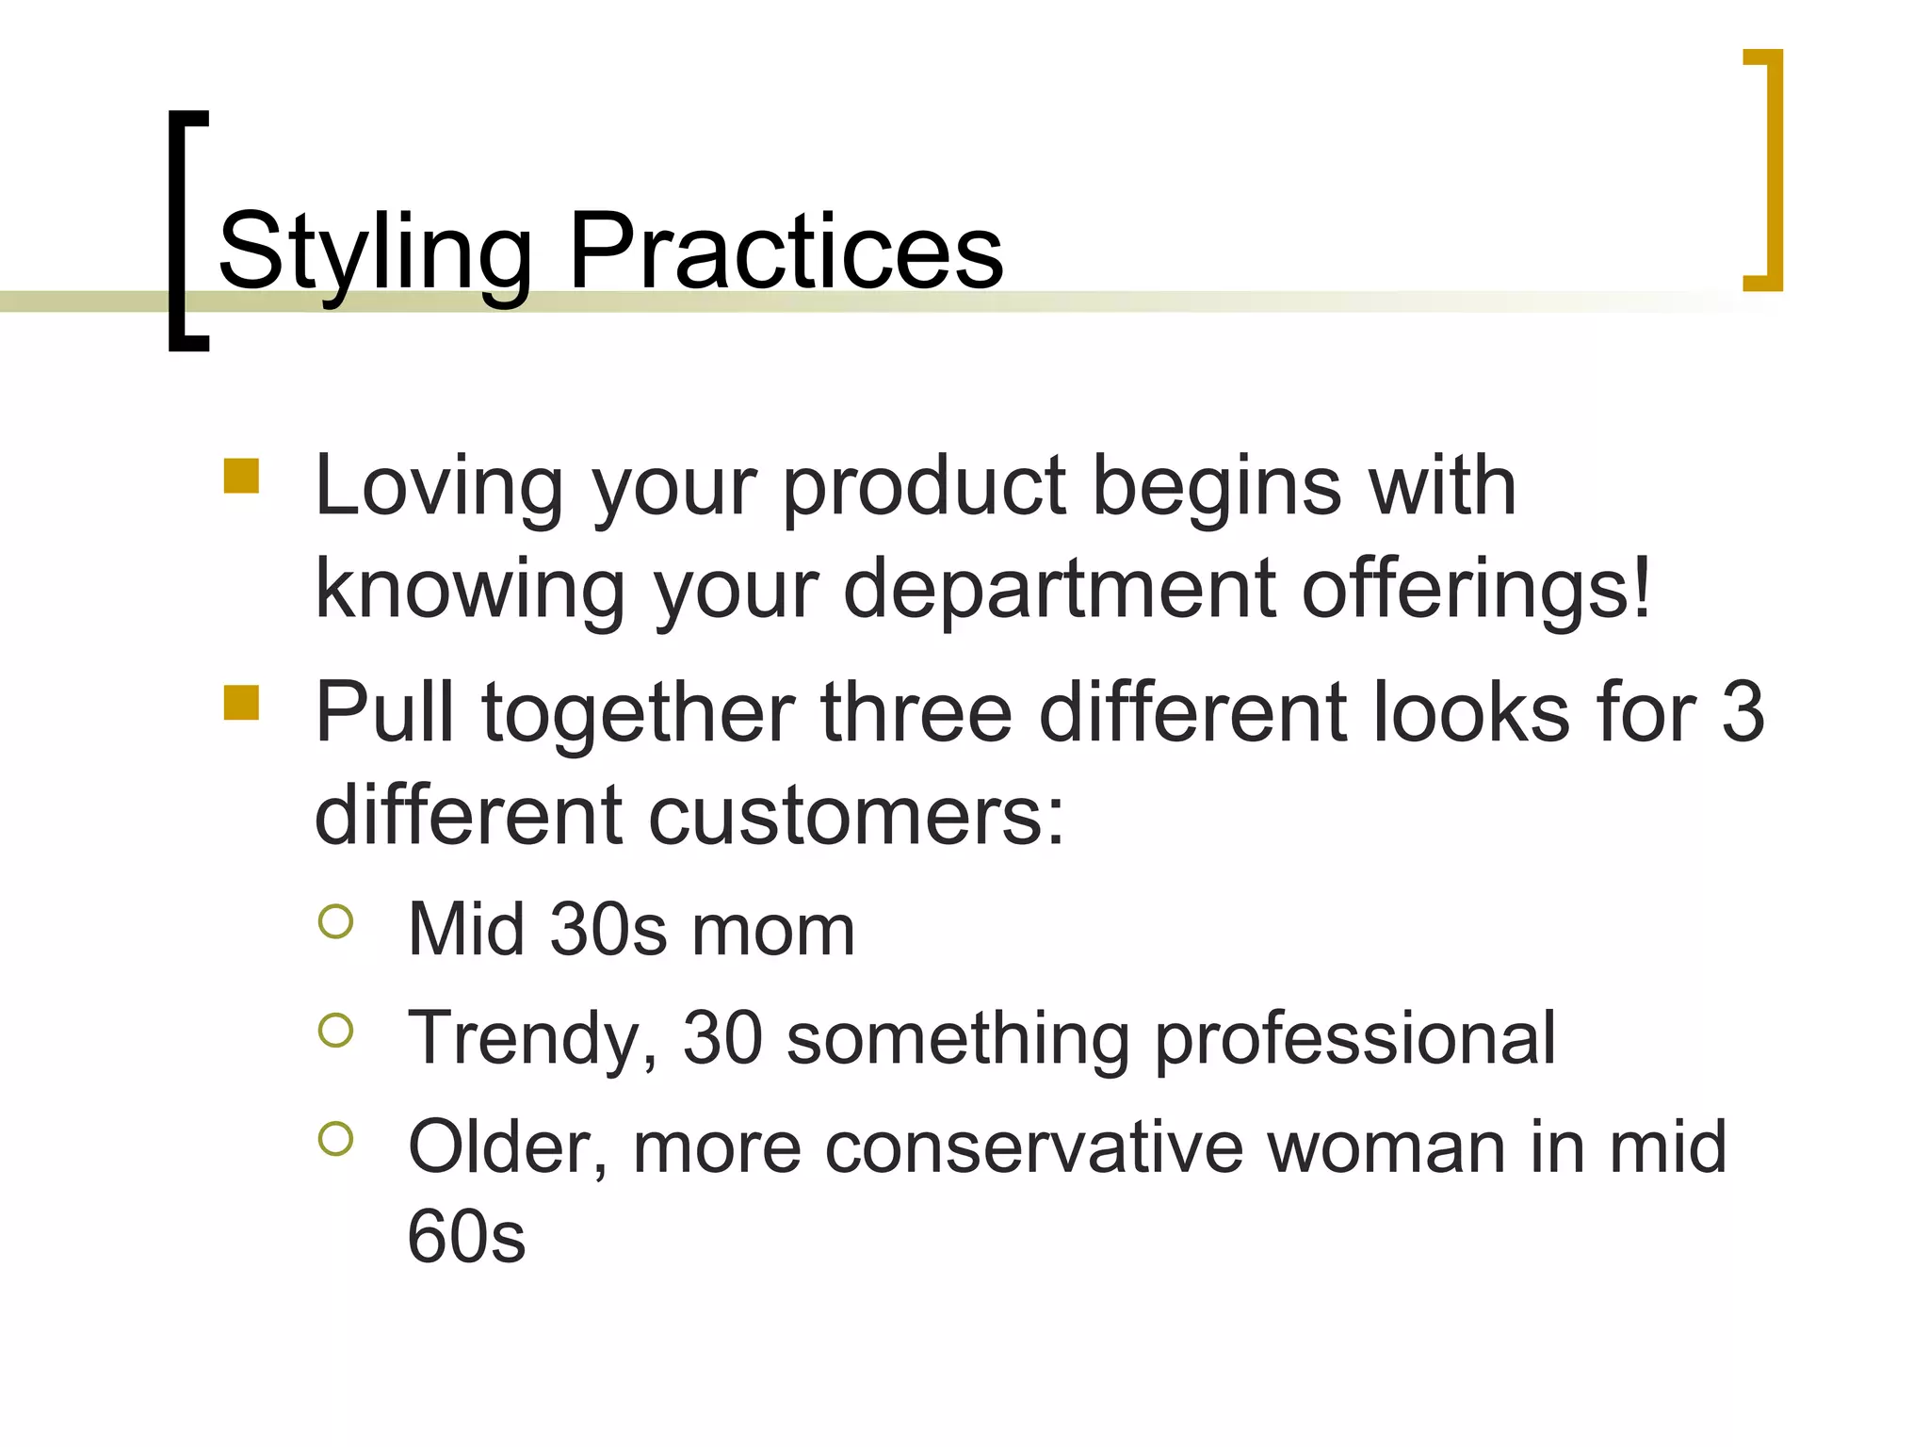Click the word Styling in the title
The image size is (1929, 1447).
tap(375, 252)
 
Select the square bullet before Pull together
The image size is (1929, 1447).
tap(241, 702)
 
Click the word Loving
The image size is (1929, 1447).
tap(439, 488)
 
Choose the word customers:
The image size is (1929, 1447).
tap(855, 816)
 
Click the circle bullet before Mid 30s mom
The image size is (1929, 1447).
tap(336, 921)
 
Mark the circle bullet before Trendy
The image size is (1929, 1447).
tap(336, 1030)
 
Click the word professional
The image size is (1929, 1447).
tap(1355, 1039)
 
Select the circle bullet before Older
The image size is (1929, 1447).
tap(336, 1139)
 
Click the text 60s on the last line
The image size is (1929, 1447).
tap(466, 1237)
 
